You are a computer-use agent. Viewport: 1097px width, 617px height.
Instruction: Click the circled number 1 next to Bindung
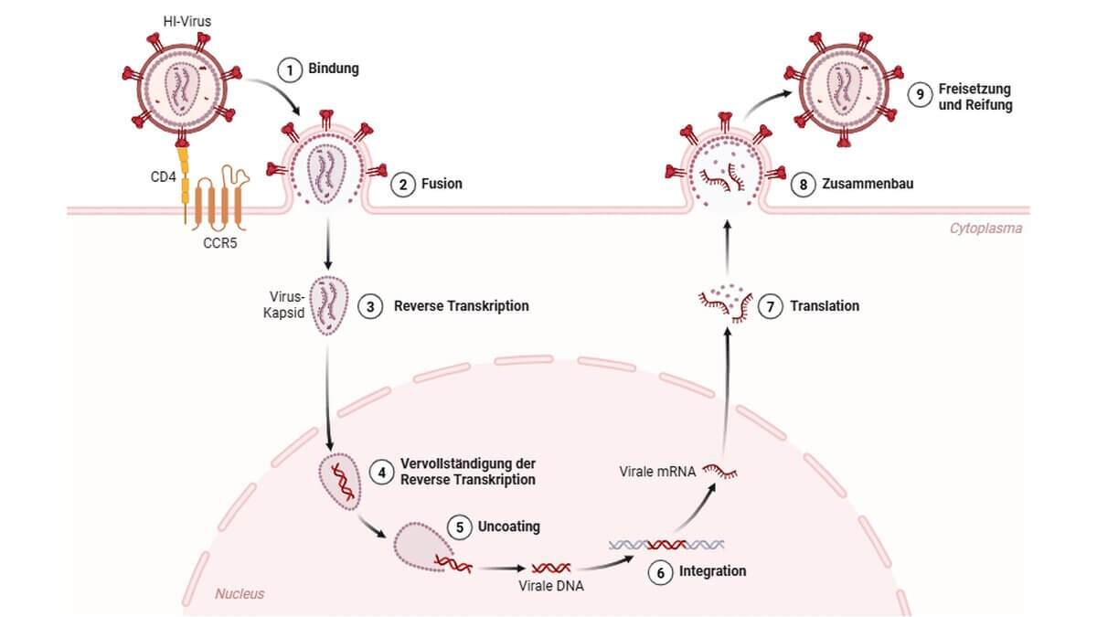[290, 69]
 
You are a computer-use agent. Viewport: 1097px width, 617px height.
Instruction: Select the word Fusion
[442, 184]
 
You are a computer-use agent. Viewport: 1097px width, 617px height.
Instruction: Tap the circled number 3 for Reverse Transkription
[370, 306]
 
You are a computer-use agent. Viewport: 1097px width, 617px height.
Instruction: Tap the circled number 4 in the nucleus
[384, 471]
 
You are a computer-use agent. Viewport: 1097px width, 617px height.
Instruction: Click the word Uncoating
[509, 527]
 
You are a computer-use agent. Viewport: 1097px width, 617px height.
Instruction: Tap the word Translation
[826, 306]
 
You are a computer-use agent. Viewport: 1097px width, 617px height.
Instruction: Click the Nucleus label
[240, 594]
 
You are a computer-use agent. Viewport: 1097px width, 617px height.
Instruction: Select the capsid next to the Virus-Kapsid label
[330, 305]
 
